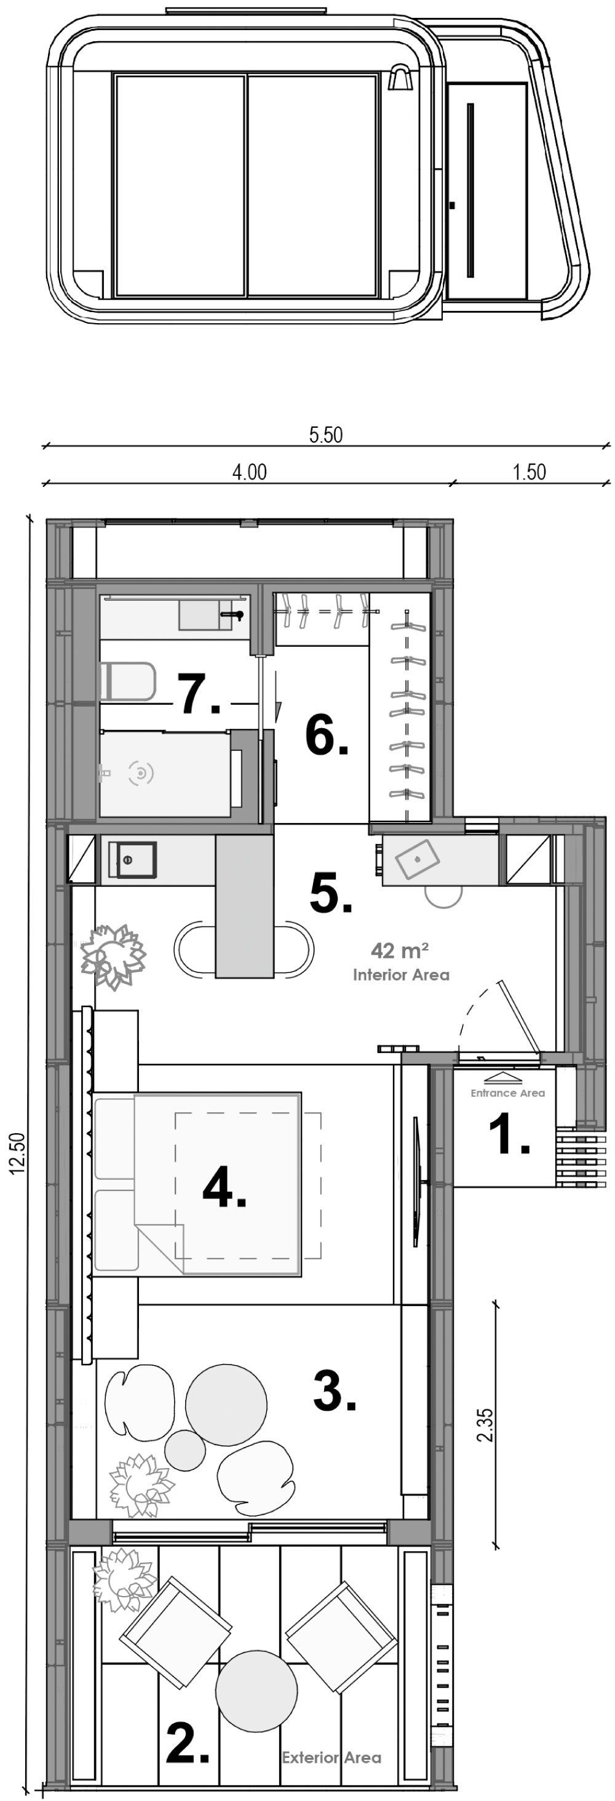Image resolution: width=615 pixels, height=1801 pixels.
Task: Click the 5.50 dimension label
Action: click(326, 435)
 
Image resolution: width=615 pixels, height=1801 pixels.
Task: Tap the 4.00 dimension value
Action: click(250, 472)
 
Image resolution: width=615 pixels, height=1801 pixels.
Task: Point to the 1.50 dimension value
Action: click(529, 472)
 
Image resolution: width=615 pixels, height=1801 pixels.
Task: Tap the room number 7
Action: click(198, 694)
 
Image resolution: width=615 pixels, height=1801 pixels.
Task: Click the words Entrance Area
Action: click(507, 1093)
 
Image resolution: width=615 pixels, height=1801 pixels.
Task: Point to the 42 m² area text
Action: click(399, 951)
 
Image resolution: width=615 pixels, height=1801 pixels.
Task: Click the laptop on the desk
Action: click(417, 859)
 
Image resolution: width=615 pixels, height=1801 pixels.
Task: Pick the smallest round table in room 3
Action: click(185, 1450)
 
